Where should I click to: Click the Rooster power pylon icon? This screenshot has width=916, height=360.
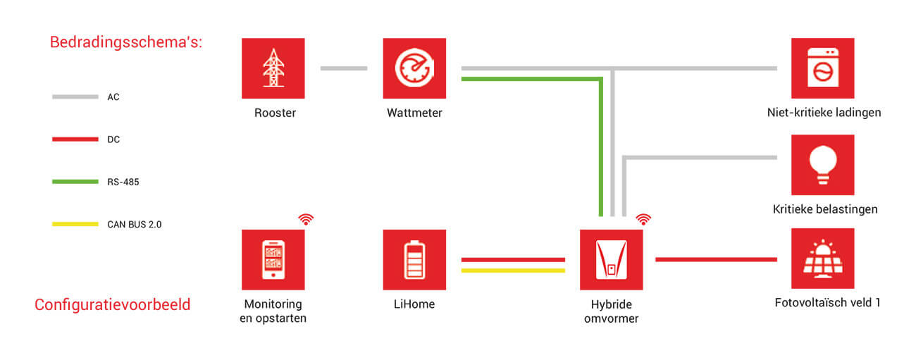273,68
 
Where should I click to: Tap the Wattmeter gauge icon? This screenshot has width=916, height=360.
414,68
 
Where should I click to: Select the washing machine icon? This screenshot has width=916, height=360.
822,68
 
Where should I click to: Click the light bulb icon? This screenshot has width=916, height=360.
822,165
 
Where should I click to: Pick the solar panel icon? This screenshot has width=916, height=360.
822,259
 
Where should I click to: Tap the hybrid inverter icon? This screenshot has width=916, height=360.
611,259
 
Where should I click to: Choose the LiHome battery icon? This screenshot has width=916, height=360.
414,259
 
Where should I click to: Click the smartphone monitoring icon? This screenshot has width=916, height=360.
273,259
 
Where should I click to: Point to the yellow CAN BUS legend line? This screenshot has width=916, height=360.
75,224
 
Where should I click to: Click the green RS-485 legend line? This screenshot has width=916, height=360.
75,182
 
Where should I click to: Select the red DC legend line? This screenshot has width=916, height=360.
75,139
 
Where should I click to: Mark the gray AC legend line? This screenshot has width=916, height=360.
75,97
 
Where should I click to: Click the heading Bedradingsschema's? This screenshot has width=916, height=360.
126,42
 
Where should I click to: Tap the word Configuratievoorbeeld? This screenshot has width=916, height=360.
113,305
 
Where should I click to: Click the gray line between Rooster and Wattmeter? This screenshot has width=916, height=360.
344,68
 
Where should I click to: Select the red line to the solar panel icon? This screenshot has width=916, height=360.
716,259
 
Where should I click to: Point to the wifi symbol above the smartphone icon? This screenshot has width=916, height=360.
306,218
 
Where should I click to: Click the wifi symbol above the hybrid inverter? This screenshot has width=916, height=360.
643,218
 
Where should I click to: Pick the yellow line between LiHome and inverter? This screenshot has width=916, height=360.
513,270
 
